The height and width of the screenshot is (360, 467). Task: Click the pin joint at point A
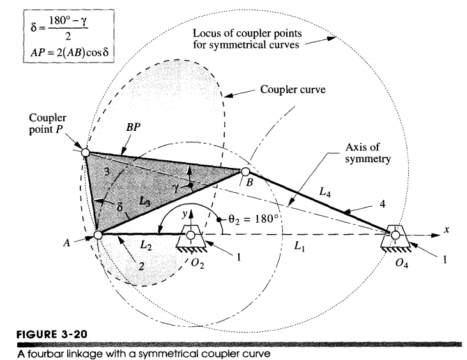tap(98, 235)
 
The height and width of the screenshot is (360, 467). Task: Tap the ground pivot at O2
tap(192, 235)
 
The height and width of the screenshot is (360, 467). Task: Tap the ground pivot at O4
tap(395, 235)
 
